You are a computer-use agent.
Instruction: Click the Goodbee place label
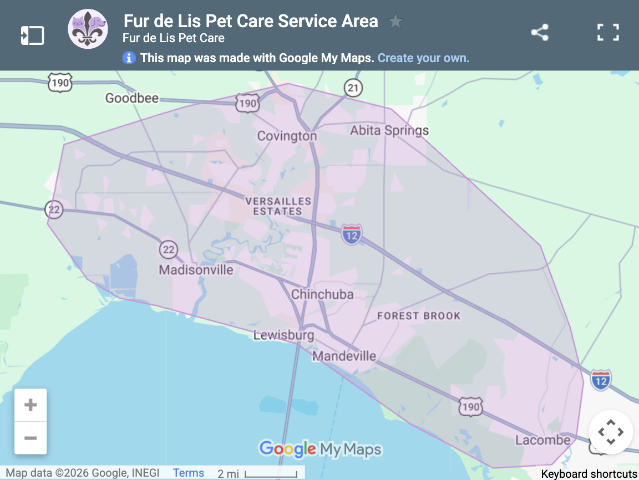coord(132,99)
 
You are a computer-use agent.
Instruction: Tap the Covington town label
coord(287,136)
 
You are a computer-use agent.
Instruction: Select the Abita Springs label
coord(389,131)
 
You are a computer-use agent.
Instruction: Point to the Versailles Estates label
coord(278,206)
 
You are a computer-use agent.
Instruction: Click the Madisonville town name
coord(196,270)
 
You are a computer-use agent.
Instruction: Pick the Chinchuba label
coord(322,294)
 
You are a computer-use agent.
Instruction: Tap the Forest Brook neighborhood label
coord(419,316)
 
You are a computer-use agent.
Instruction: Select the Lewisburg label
coord(283,335)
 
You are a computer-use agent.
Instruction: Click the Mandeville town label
coord(344,356)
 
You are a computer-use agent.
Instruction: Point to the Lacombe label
coord(542,440)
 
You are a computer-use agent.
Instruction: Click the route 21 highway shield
coord(353,88)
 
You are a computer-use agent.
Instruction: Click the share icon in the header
coord(540,33)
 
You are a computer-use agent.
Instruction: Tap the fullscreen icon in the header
coord(608,33)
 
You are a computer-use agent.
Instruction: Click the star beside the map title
coord(395,22)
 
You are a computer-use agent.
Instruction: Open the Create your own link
coord(423,58)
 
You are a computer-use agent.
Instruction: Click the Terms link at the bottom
coord(189,473)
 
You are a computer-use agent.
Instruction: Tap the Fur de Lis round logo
coord(87,29)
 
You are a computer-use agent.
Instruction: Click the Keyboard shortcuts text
coord(589,474)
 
